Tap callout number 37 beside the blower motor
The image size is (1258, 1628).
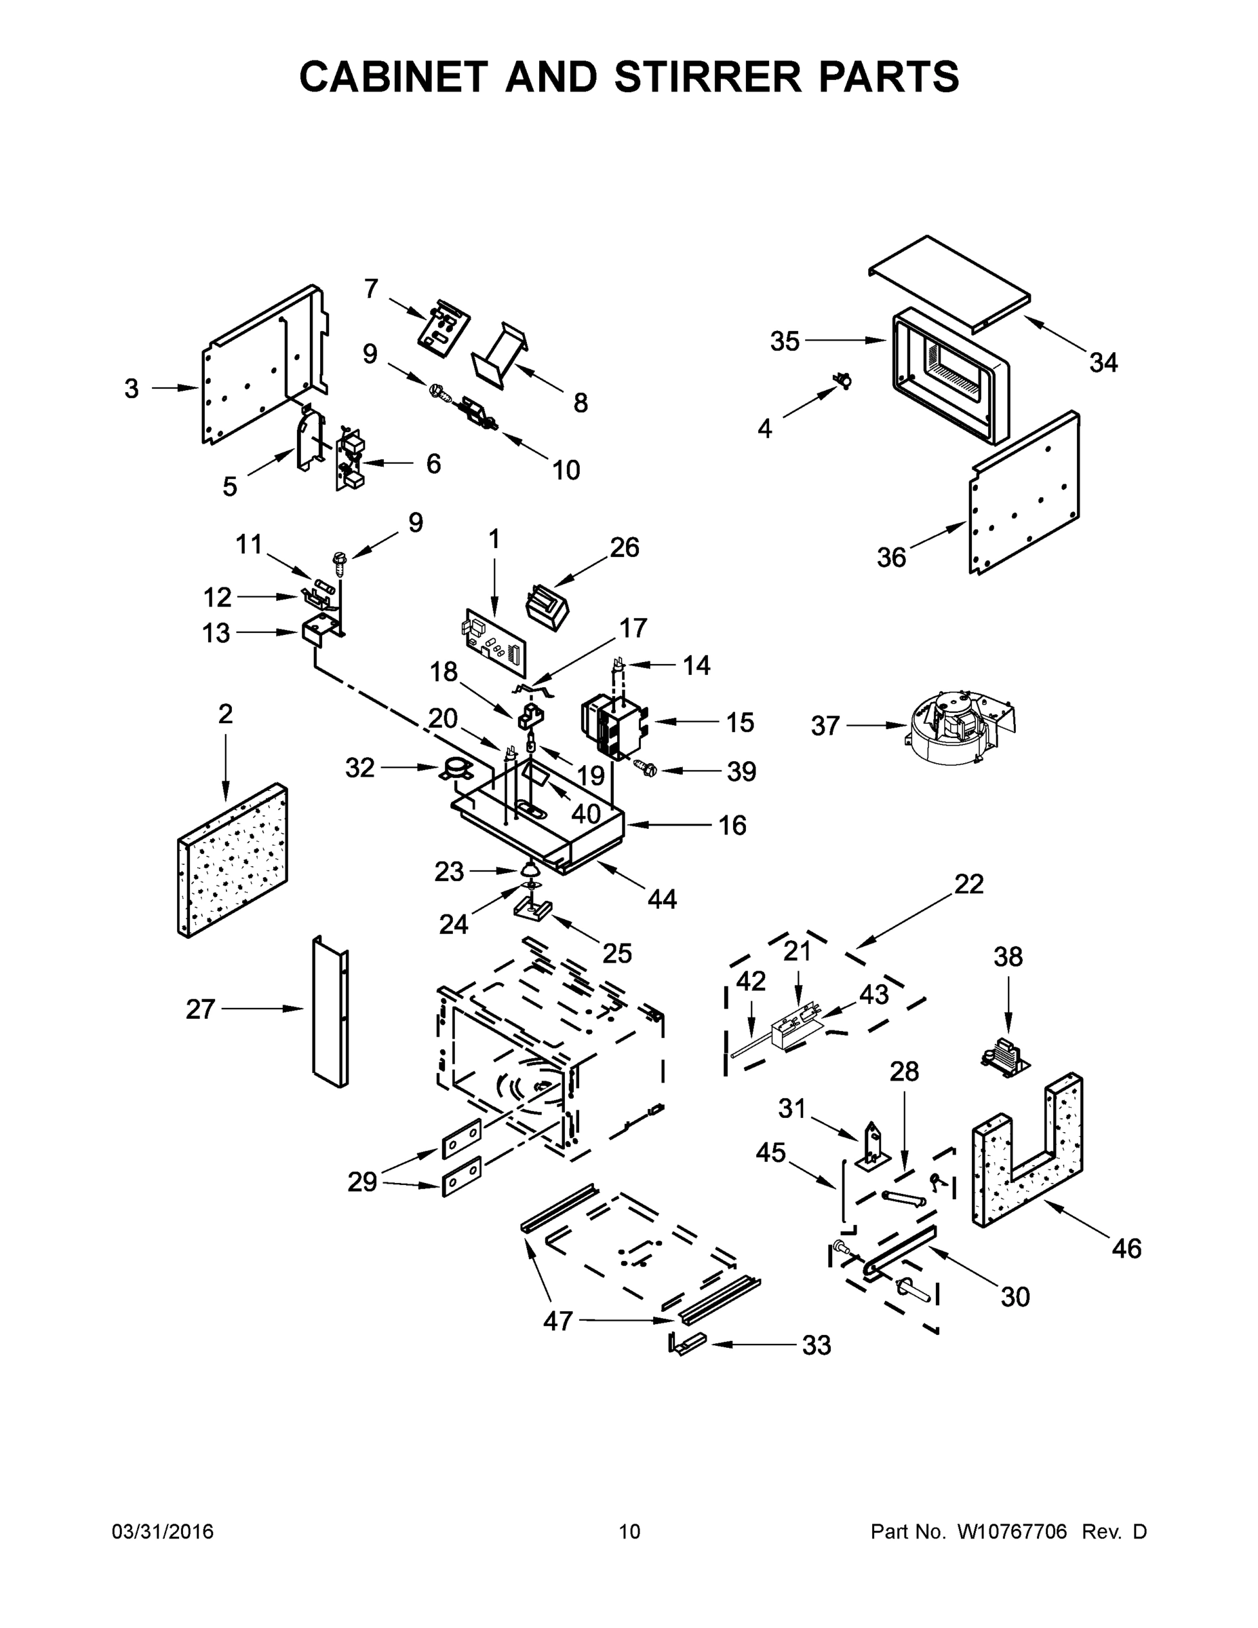point(825,725)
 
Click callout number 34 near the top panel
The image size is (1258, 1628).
point(1103,363)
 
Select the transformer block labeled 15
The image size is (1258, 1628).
point(612,726)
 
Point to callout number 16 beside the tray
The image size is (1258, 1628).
point(732,825)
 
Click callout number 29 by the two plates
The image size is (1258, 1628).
point(362,1182)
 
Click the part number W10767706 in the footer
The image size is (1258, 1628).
point(1011,1532)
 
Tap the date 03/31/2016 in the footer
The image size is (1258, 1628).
point(163,1532)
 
